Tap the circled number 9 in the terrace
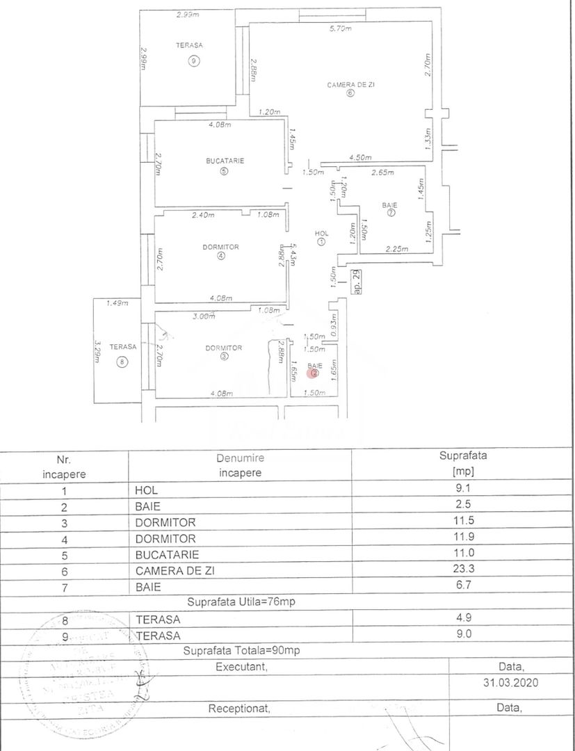pyautogui.click(x=193, y=60)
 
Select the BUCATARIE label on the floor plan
pyautogui.click(x=225, y=161)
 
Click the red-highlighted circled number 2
pyautogui.click(x=314, y=373)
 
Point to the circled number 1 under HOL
pyautogui.click(x=321, y=242)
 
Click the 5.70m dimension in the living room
pyautogui.click(x=340, y=29)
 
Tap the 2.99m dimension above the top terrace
pyautogui.click(x=187, y=14)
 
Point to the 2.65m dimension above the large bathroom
pyautogui.click(x=382, y=172)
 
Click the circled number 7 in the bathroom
pyautogui.click(x=391, y=214)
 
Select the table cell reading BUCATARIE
pyautogui.click(x=168, y=555)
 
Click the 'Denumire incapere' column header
pyautogui.click(x=240, y=465)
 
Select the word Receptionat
pyautogui.click(x=238, y=708)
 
